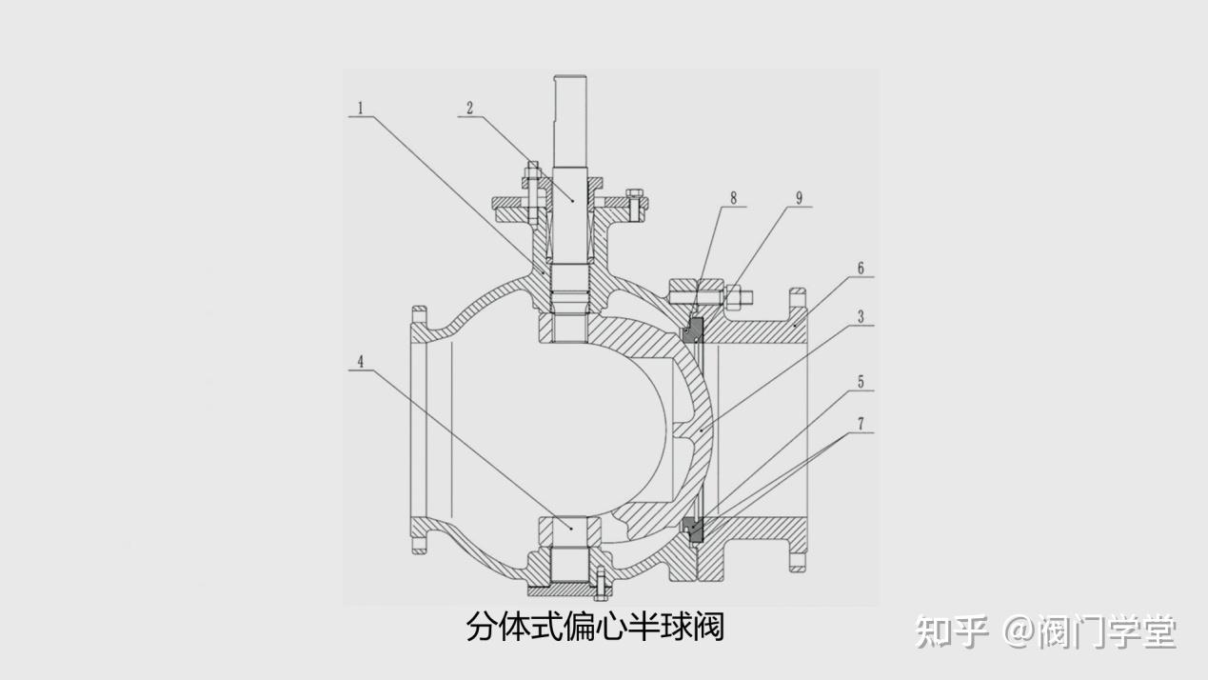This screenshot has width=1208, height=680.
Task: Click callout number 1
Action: pyautogui.click(x=359, y=107)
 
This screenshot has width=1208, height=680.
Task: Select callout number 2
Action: pyautogui.click(x=468, y=107)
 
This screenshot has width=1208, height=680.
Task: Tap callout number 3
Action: pyautogui.click(x=861, y=317)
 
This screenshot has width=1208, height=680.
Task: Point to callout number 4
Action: pyautogui.click(x=361, y=361)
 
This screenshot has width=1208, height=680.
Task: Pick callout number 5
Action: pyautogui.click(x=861, y=381)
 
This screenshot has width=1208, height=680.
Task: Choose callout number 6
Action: pyautogui.click(x=861, y=269)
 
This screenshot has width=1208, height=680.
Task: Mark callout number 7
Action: pyautogui.click(x=861, y=423)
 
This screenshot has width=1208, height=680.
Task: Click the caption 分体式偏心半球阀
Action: pyautogui.click(x=595, y=627)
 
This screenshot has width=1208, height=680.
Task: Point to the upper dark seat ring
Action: pyautogui.click(x=694, y=330)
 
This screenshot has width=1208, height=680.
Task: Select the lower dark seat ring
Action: pyautogui.click(x=694, y=529)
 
